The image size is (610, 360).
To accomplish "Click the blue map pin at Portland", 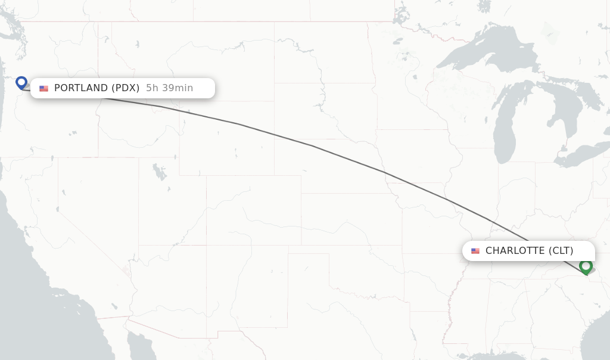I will pyautogui.click(x=21, y=82).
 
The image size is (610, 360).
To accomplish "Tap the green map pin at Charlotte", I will pyautogui.click(x=586, y=265).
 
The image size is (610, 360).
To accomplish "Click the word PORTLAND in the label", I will pyautogui.click(x=80, y=88).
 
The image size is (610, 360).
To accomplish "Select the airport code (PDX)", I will pyautogui.click(x=126, y=88).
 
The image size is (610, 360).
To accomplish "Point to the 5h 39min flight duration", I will pyautogui.click(x=170, y=88).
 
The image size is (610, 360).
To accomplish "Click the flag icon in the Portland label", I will pyautogui.click(x=44, y=88).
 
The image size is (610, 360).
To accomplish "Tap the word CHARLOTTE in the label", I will pyautogui.click(x=515, y=251).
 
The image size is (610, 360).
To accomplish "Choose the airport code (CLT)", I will pyautogui.click(x=561, y=251).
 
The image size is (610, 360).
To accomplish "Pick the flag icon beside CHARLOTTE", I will pyautogui.click(x=475, y=251).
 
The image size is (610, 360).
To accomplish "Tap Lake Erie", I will pyautogui.click(x=581, y=156).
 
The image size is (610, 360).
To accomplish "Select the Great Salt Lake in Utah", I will pyautogui.click(x=159, y=172).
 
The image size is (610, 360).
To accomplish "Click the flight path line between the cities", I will pyautogui.click(x=313, y=146).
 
